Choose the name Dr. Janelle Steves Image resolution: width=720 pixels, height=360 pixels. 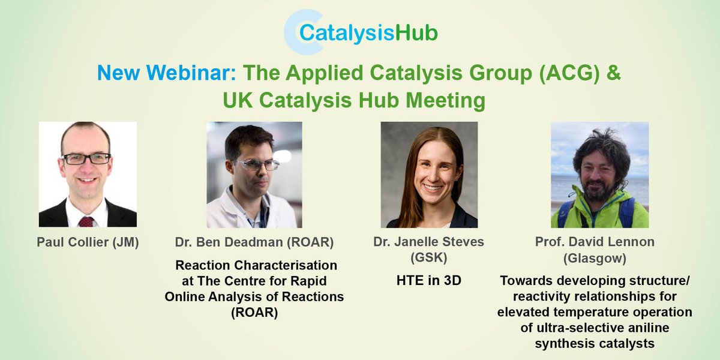[x=429, y=242]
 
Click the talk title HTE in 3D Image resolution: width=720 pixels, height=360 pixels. [x=429, y=280]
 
